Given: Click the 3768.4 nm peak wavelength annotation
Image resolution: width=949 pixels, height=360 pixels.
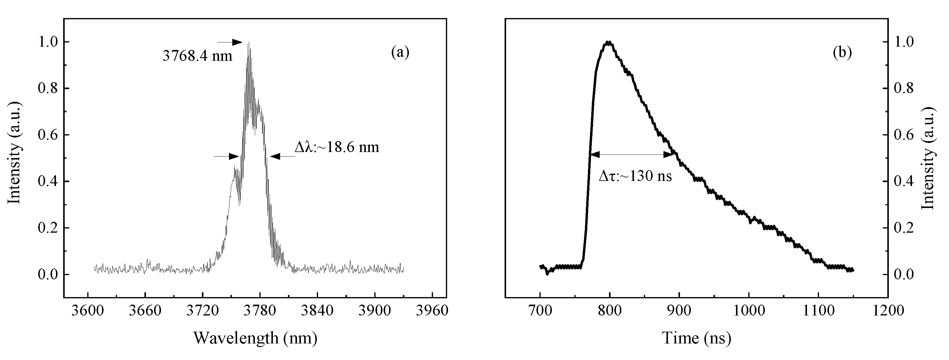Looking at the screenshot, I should coord(197,56).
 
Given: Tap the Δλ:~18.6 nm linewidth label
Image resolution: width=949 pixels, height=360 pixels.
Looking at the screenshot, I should coord(337,147).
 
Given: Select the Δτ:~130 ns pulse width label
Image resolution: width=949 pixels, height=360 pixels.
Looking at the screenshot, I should coord(635,176).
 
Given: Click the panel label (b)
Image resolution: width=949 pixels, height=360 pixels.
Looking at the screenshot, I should coord(842,53).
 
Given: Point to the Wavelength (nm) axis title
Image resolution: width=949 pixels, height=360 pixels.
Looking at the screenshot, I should coord(255,338).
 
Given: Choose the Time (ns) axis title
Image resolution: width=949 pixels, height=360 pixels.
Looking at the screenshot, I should coord(697,338).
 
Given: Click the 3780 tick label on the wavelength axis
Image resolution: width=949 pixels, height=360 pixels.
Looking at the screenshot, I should coord(260,311).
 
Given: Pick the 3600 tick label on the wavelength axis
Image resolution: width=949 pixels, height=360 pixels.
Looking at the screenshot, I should coord(88,311).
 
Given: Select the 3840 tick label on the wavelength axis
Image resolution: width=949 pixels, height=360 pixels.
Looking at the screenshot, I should coord(317,311).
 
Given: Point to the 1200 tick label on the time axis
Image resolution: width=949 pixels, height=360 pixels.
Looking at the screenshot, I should coord(888,311).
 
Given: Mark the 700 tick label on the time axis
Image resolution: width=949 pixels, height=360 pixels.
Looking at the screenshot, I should coord(540,311).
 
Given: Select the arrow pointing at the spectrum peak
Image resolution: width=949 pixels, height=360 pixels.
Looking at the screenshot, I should coord(230,42).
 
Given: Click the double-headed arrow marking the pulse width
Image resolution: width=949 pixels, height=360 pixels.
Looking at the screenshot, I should coord(632,155).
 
